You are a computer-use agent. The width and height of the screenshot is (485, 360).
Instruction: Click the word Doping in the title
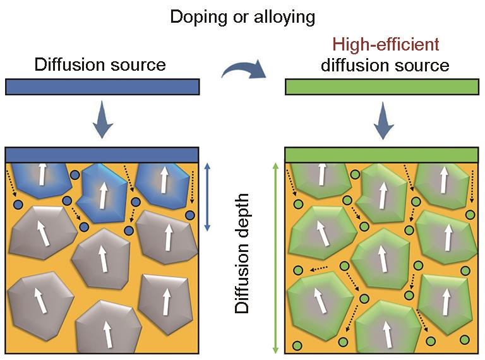pyautogui.click(x=198, y=17)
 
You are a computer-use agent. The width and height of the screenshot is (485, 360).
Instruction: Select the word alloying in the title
pyautogui.click(x=284, y=17)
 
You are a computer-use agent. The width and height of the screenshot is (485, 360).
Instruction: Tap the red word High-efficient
pyautogui.click(x=386, y=44)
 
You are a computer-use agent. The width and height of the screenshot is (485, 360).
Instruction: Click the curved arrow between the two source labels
pyautogui.click(x=244, y=69)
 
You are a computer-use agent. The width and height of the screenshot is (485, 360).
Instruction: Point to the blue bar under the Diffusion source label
pyautogui.click(x=102, y=87)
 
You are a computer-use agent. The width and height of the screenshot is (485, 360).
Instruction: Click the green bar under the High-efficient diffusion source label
pyautogui.click(x=381, y=87)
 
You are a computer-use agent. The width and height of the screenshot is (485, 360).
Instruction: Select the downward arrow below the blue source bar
pyautogui.click(x=103, y=119)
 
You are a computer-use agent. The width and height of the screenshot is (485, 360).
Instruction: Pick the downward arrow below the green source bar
pyautogui.click(x=383, y=120)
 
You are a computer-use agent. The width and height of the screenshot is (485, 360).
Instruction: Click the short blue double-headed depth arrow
pyautogui.click(x=208, y=197)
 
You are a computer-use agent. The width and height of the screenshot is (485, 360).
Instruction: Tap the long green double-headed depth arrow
pyautogui.click(x=275, y=258)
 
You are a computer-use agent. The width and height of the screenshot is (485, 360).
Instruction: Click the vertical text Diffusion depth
pyautogui.click(x=242, y=254)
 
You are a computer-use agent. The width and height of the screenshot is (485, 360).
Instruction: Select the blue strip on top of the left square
pyautogui.click(x=102, y=155)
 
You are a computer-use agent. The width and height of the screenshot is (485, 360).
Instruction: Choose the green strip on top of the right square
pyautogui.click(x=381, y=155)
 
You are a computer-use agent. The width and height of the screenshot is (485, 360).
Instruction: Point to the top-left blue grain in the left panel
pyautogui.click(x=42, y=180)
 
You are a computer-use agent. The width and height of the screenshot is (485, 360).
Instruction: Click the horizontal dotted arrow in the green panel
pyautogui.click(x=318, y=269)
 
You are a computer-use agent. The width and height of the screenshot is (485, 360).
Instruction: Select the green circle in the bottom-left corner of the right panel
pyautogui.click(x=297, y=345)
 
